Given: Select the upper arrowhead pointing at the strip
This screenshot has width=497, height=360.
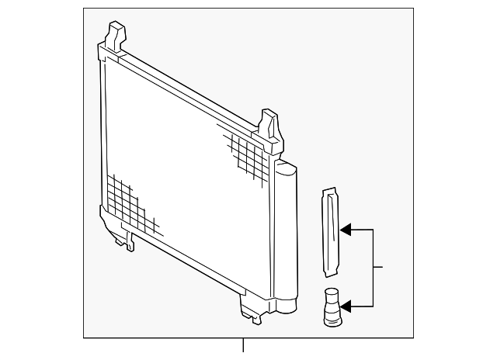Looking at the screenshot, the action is click(x=346, y=230).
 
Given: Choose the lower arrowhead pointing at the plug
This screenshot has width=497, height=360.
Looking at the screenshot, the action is click(x=346, y=308).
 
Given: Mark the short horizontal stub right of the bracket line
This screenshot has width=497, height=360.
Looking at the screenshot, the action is click(x=380, y=268).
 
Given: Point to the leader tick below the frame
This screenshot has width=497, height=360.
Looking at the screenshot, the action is click(x=244, y=346).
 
